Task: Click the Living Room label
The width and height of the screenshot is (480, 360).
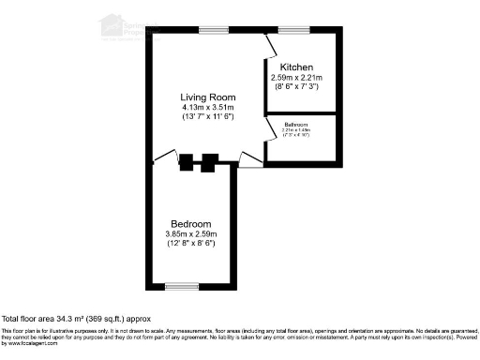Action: coord(208,97)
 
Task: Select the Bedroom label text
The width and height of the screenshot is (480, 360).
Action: coord(190,223)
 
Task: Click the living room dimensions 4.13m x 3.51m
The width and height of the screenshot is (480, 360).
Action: coord(208,107)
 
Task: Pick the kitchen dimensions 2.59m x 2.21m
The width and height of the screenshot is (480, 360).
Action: coord(295,77)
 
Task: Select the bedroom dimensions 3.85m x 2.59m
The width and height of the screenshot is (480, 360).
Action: coord(190,233)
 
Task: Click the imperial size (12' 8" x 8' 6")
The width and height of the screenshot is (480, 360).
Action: coord(190,244)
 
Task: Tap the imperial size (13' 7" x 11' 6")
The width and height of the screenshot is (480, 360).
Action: coord(208,117)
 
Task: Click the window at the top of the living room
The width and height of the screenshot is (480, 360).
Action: coord(213,32)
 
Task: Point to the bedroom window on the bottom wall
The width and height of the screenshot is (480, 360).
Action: coord(182,286)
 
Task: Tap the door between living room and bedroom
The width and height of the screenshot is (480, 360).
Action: coord(164,156)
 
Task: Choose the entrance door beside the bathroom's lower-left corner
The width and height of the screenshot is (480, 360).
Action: coord(250,160)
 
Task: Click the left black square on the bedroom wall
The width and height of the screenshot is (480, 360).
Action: coord(187,161)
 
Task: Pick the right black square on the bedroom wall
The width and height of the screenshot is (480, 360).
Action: coord(210,161)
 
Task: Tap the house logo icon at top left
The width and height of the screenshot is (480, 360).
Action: coord(112,23)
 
